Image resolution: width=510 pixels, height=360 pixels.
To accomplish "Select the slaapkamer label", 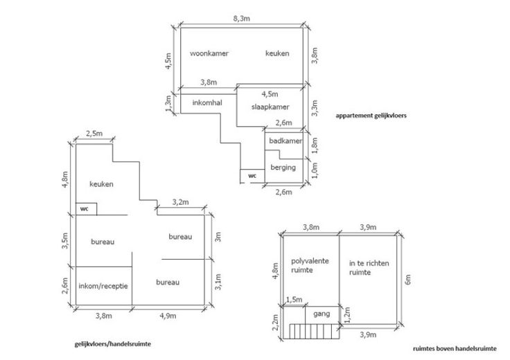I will tap(270, 107).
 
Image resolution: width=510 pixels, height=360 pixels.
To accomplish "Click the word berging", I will tap(283, 168).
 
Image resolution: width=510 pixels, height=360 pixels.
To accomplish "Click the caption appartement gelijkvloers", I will tap(370, 116).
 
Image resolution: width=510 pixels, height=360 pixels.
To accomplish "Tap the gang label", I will tap(322, 314).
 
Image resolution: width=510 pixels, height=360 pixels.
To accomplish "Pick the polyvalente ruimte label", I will tap(310, 265).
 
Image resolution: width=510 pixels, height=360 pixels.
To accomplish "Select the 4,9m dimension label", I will tap(168, 317).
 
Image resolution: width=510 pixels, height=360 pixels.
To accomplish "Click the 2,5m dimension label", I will tap(94, 133).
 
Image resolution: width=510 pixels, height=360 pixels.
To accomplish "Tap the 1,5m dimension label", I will tap(294, 299).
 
